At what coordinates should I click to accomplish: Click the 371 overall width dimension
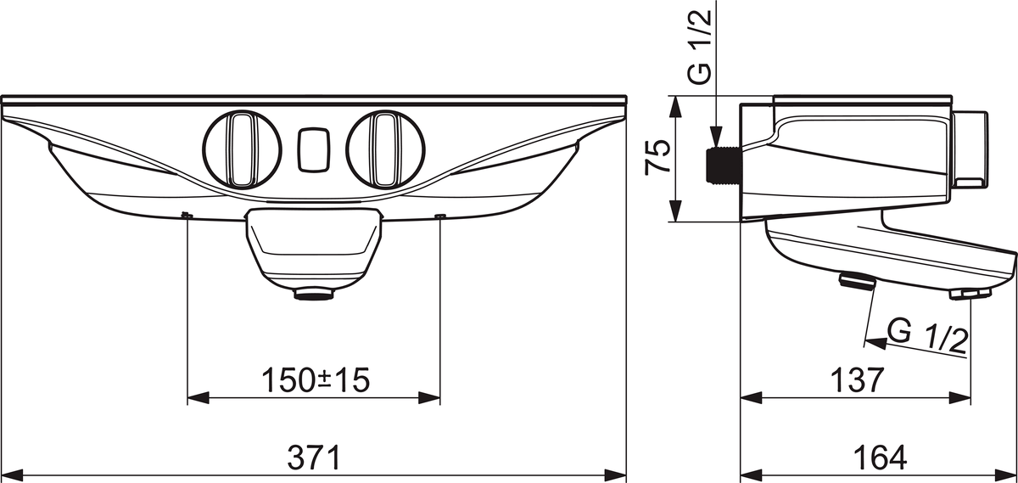pyautogui.click(x=314, y=458)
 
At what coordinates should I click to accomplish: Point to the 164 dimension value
pyautogui.click(x=877, y=458)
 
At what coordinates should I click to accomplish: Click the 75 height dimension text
pyautogui.click(x=658, y=158)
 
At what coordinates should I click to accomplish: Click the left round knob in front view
pyautogui.click(x=242, y=148)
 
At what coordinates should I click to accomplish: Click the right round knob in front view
pyautogui.click(x=385, y=148)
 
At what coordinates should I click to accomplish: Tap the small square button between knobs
pyautogui.click(x=313, y=149)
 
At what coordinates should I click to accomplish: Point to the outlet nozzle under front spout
pyautogui.click(x=313, y=295)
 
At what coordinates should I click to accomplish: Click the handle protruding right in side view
pyautogui.click(x=970, y=148)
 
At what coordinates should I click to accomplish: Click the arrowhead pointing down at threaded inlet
pyautogui.click(x=718, y=136)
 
